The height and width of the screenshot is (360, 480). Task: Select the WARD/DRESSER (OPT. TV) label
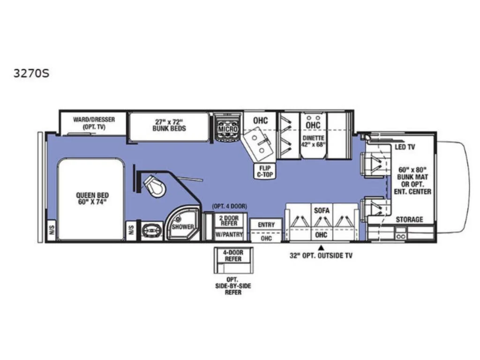(x=94, y=123)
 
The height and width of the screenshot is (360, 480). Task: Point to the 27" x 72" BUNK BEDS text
(x=169, y=125)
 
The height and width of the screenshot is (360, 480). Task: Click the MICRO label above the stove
(x=228, y=128)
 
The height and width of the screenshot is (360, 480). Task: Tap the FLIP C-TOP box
(x=265, y=171)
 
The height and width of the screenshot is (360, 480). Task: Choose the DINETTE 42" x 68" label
(x=313, y=141)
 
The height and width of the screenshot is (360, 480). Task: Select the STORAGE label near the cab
(x=409, y=219)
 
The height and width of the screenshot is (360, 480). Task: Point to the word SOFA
(x=322, y=210)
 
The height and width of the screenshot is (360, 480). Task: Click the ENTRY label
(x=266, y=225)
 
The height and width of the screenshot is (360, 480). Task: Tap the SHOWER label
(x=182, y=227)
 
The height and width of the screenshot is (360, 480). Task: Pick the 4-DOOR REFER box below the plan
(x=233, y=256)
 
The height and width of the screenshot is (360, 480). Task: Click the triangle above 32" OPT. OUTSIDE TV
(x=321, y=247)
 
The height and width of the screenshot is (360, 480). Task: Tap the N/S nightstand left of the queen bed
(x=51, y=230)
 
